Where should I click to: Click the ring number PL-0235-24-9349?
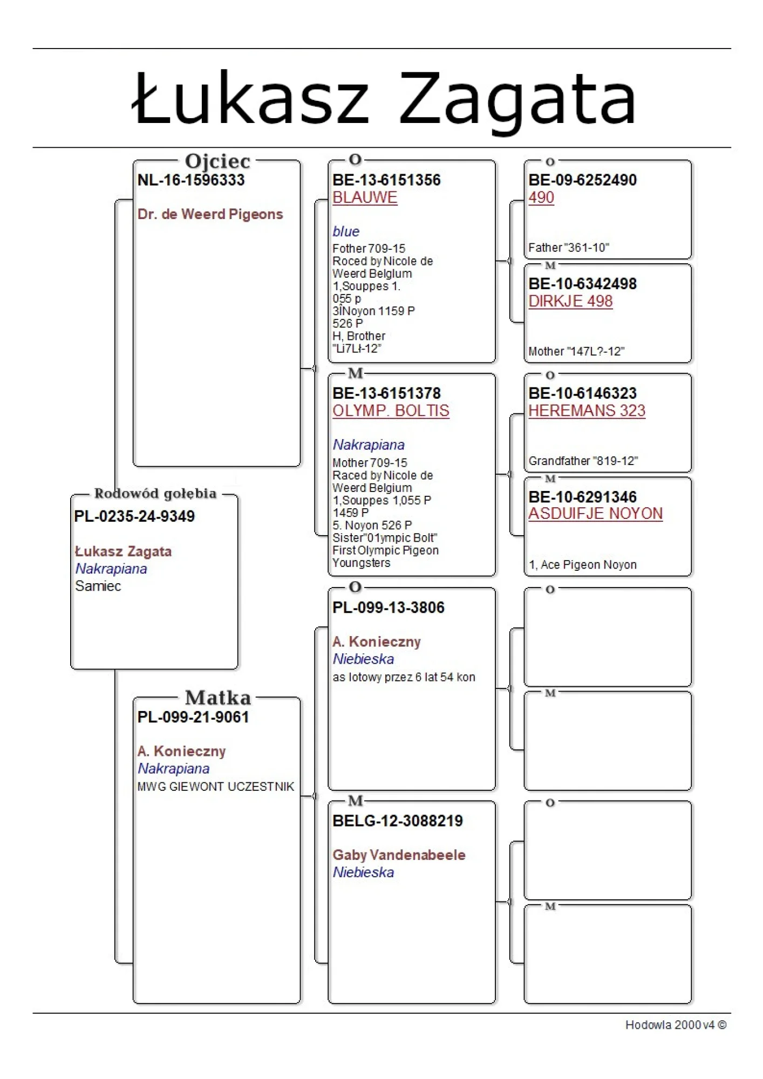point(134,516)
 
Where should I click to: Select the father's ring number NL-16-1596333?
point(191,180)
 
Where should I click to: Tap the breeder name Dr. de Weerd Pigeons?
point(210,214)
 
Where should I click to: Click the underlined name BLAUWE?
point(365,198)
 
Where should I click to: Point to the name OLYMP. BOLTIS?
point(391,411)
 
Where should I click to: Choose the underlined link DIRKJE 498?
point(570,302)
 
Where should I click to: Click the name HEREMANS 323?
point(587,411)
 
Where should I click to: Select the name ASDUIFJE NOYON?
point(595,514)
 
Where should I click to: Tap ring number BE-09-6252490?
point(582,180)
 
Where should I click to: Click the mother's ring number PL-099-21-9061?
point(193,717)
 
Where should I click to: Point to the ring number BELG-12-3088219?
point(398,821)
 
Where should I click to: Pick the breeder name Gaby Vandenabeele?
point(399,855)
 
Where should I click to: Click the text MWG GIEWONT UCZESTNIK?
point(216,787)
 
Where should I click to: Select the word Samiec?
point(98,586)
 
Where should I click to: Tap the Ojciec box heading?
point(217,161)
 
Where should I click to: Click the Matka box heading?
point(218,698)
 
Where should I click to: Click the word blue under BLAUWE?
point(346,231)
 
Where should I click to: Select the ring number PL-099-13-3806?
point(389,607)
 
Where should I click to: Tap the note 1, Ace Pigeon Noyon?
point(582,565)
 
